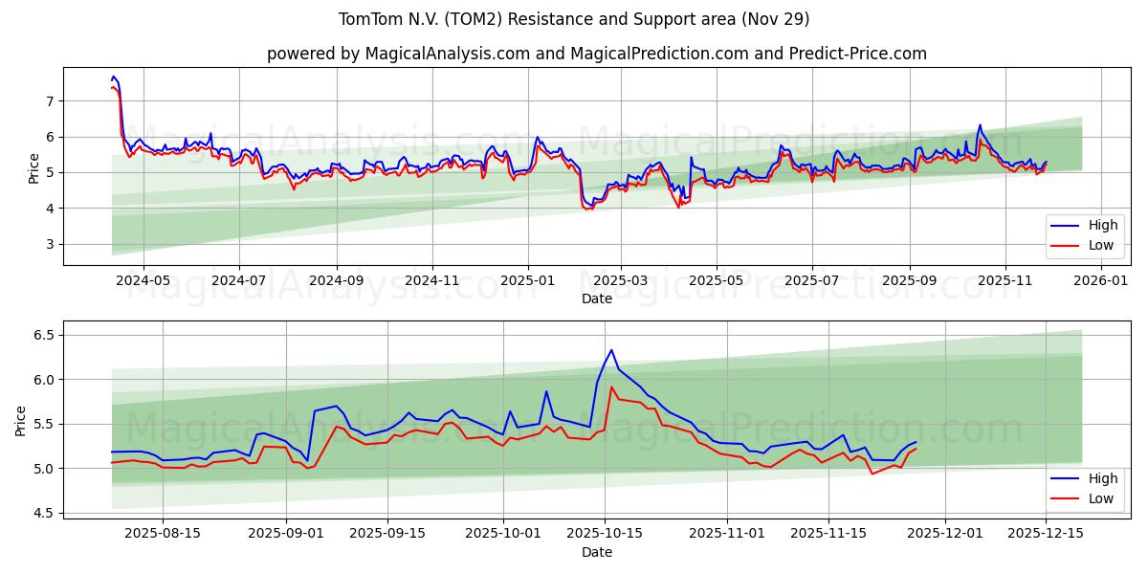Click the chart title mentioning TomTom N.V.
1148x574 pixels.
click(x=574, y=19)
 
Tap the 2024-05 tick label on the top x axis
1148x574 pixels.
click(x=143, y=281)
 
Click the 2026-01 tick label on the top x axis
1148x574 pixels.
click(x=1101, y=281)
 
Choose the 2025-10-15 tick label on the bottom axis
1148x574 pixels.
click(x=604, y=534)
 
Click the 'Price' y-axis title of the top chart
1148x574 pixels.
click(x=34, y=166)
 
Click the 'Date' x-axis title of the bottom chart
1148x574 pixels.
click(x=596, y=552)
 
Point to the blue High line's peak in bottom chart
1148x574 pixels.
click(x=611, y=350)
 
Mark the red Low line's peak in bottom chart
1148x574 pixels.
click(x=611, y=387)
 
